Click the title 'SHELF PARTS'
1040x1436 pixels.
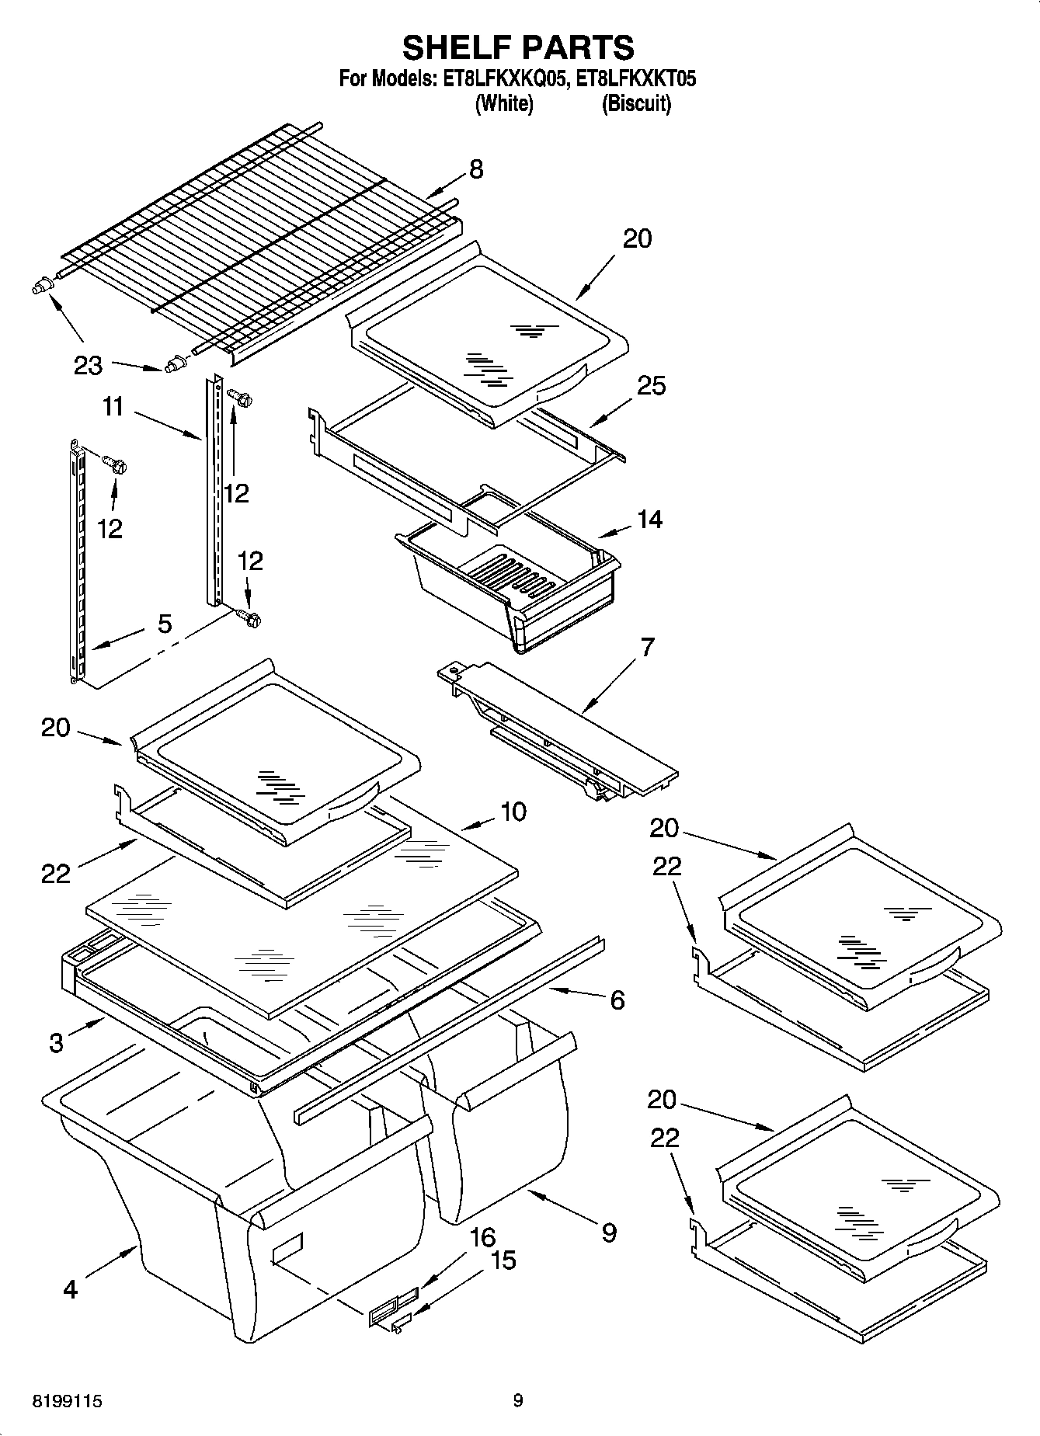[x=518, y=48]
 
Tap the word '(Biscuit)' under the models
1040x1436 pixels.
[x=636, y=103]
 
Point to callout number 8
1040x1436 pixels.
[x=475, y=169]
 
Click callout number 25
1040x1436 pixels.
[x=651, y=385]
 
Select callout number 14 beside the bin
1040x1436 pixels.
[x=649, y=520]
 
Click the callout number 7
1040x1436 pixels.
[x=647, y=647]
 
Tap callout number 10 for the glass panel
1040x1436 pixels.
[x=513, y=812]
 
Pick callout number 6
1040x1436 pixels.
[x=617, y=1000]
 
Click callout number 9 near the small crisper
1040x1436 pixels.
[x=609, y=1233]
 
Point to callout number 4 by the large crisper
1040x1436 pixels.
[x=70, y=1290]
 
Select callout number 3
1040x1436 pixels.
[x=56, y=1042]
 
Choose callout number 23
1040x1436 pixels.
[x=88, y=365]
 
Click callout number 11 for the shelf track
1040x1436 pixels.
[x=113, y=406]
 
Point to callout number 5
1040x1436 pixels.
[x=165, y=624]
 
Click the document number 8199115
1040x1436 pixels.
[x=67, y=1401]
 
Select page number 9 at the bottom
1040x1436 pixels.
[x=518, y=1401]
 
